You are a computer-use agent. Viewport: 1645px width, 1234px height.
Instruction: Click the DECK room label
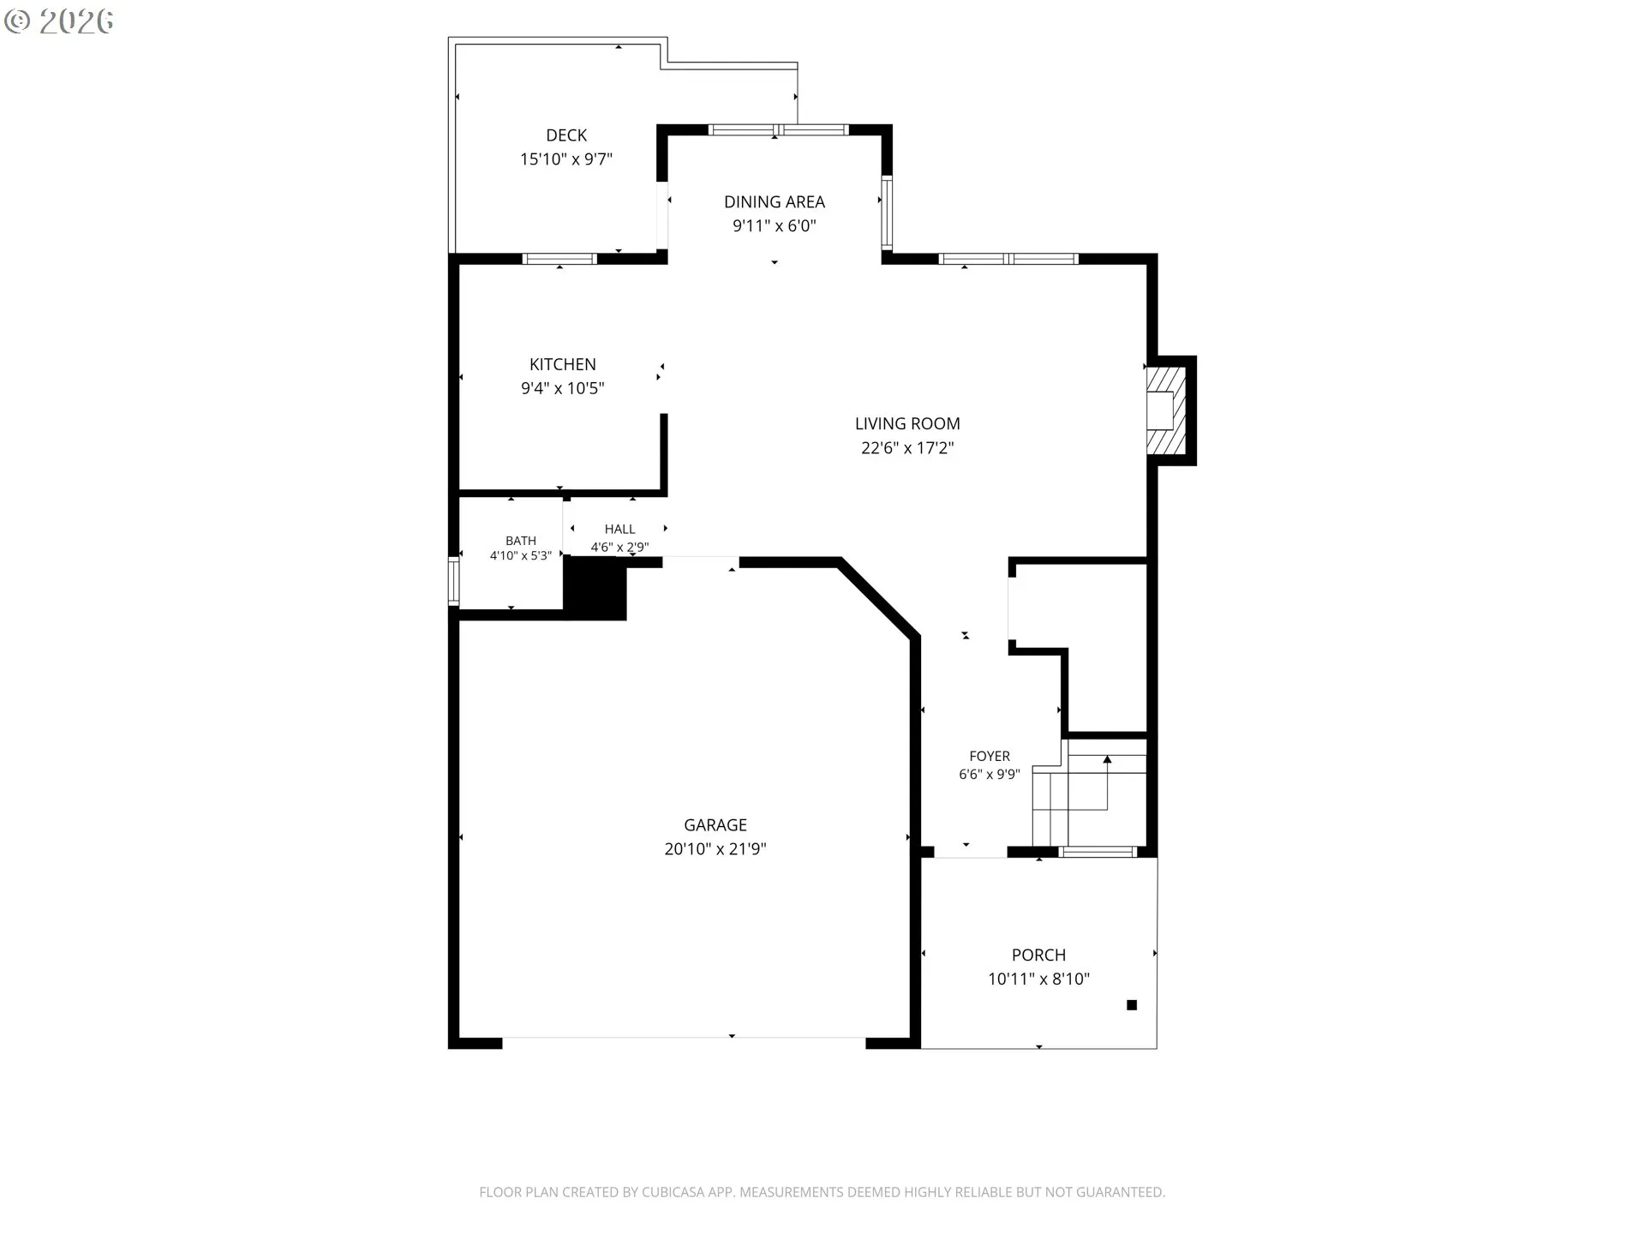pos(566,135)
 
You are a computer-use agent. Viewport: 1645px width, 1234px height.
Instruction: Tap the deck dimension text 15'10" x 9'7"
pos(566,159)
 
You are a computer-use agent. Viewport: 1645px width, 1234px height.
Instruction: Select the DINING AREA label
pos(775,202)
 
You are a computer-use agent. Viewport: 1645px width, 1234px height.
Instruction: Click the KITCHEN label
pos(563,364)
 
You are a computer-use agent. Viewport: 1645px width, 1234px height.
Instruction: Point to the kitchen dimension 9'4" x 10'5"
pos(563,388)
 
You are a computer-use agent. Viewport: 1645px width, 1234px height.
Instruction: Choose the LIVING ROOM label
pos(907,423)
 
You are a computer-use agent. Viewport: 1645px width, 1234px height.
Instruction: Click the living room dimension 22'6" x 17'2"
pos(907,447)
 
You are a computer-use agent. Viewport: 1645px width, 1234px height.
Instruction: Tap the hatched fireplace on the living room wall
pos(1166,410)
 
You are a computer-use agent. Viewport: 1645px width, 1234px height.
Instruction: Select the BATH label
pos(521,541)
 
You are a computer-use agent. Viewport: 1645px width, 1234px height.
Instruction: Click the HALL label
pos(620,530)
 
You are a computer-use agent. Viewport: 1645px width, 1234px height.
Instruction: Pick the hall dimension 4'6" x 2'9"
pos(620,547)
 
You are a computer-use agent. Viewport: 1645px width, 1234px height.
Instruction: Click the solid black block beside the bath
pos(595,588)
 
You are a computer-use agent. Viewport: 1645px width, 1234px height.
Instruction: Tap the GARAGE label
pos(715,825)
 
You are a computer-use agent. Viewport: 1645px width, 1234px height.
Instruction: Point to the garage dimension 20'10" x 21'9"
pos(715,849)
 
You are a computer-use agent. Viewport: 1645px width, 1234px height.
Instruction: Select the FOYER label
pos(990,756)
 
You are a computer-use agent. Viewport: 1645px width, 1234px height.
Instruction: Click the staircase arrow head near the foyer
pos(1107,759)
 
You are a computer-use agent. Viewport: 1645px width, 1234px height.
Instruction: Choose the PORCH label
pos(1039,955)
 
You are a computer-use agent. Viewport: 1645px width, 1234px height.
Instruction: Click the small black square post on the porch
pos(1132,1005)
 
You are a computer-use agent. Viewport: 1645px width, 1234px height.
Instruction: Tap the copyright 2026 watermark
pos(59,21)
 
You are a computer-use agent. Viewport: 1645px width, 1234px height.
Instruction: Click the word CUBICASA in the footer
pos(674,1192)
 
